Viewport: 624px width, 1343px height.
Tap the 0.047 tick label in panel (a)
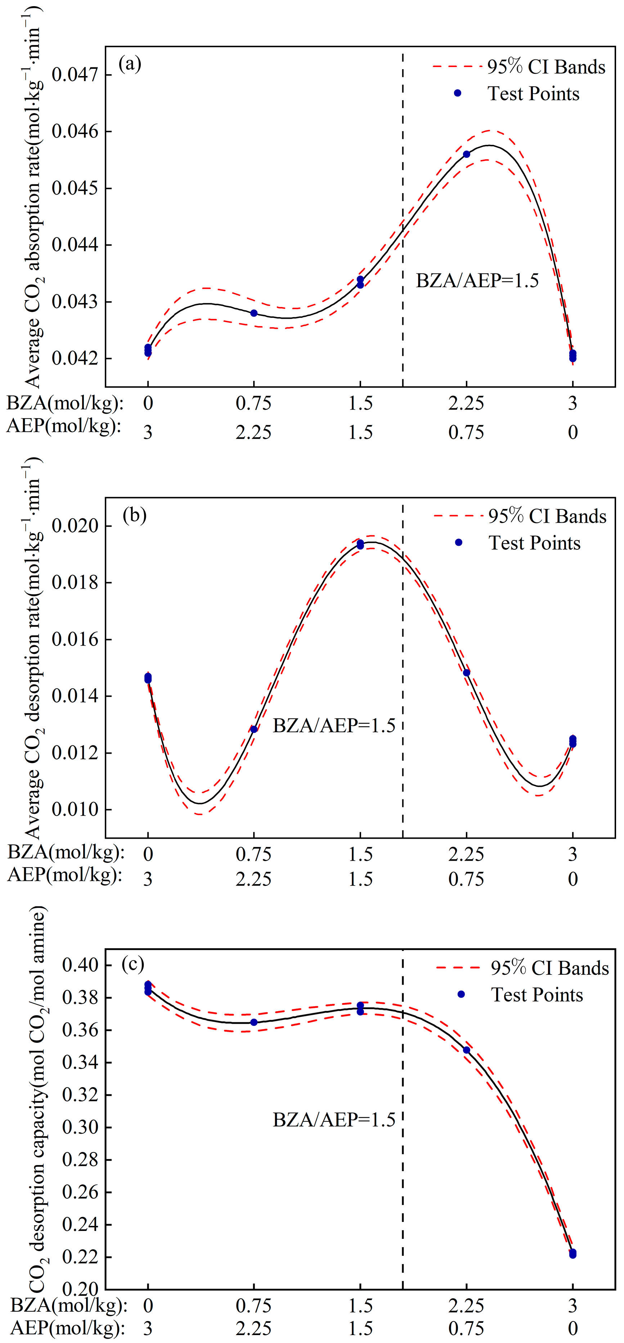[x=75, y=75]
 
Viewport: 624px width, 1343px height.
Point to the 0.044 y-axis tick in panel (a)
[x=75, y=245]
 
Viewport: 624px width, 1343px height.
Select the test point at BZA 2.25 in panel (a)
[x=467, y=154]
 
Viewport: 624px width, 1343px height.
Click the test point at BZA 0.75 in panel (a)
[x=254, y=313]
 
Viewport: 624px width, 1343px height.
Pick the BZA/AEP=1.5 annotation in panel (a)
[x=477, y=281]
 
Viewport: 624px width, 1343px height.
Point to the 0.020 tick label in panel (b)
[x=75, y=526]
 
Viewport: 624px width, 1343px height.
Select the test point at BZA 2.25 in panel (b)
[x=467, y=673]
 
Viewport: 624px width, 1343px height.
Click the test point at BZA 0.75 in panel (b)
[x=254, y=729]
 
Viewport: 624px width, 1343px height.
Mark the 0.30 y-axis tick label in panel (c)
[x=80, y=1127]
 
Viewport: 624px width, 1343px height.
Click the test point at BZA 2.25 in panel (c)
[x=467, y=1050]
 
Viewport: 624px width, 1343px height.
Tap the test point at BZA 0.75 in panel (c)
[x=254, y=1022]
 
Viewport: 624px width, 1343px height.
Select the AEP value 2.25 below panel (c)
[x=253, y=1328]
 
